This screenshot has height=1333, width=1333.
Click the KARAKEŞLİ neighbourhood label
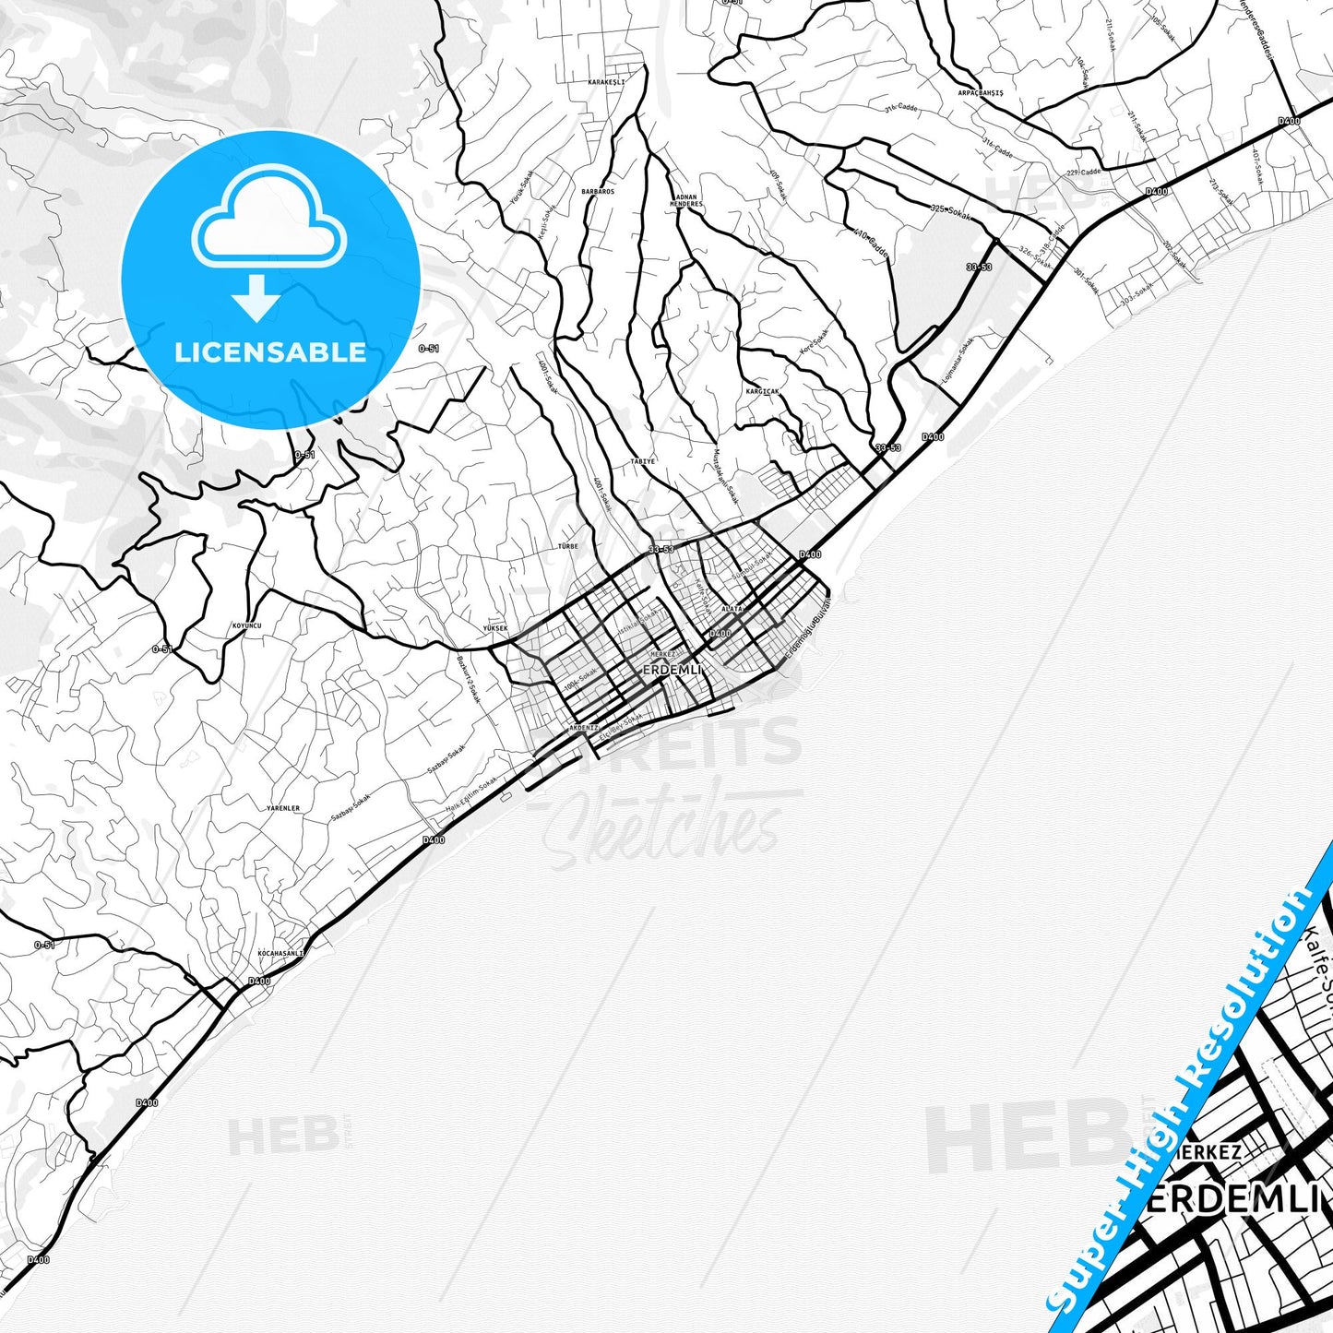[x=606, y=82]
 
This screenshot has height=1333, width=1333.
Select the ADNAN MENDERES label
[x=688, y=200]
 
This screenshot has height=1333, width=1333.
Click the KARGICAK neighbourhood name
[x=762, y=391]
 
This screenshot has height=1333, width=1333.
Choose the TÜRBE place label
[x=568, y=546]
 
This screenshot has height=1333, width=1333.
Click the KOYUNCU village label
[x=247, y=625]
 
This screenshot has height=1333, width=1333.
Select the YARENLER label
[x=283, y=808]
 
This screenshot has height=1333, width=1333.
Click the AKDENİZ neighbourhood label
[x=584, y=727]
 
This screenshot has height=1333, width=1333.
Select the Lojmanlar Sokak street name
[x=958, y=362]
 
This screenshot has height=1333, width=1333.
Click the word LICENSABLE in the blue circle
[x=270, y=352]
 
